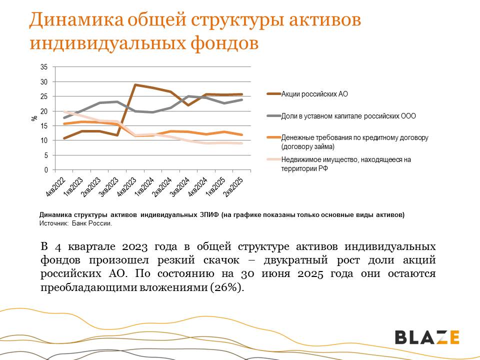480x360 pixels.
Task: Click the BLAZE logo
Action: tap(427, 337)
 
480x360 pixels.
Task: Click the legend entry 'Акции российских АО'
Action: tap(314, 94)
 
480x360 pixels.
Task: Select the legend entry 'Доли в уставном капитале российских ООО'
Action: tap(348, 115)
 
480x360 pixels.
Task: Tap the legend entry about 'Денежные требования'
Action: tap(355, 141)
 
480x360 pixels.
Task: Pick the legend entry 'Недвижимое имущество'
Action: tap(346, 164)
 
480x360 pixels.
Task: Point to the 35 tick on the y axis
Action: tap(44, 67)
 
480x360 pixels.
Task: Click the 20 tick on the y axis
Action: tap(44, 111)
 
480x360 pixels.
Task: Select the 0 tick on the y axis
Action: tap(46, 170)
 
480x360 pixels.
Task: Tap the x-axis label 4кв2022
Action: tap(56, 185)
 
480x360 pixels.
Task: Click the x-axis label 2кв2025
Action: tap(233, 185)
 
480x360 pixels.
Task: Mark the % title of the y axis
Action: tap(34, 118)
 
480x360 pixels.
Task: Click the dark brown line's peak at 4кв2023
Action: tap(135, 85)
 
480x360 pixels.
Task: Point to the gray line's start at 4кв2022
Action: tap(64, 118)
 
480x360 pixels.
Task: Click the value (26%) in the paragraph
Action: tap(228, 287)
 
